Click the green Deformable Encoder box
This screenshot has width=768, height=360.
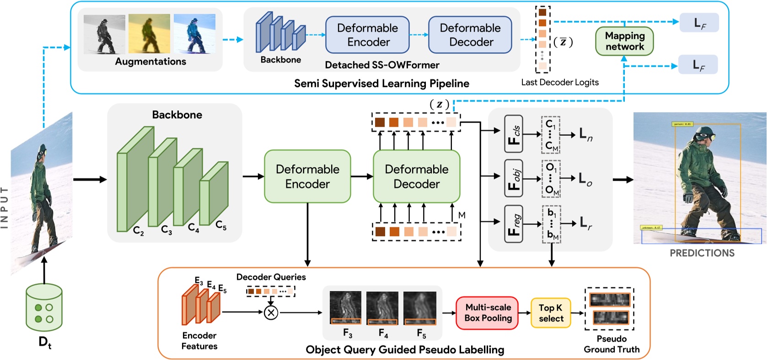(x=307, y=177)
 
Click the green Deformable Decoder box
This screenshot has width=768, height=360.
(x=416, y=177)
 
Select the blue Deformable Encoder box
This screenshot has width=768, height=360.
(x=367, y=35)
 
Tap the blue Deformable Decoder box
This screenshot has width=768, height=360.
(x=470, y=35)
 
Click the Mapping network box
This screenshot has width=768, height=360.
(x=624, y=41)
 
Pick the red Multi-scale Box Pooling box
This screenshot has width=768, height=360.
(x=488, y=313)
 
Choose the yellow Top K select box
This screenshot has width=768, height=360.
(x=551, y=313)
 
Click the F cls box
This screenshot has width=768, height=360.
(x=514, y=134)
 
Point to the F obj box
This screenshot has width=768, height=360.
(x=514, y=178)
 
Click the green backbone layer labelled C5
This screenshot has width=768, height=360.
(x=214, y=194)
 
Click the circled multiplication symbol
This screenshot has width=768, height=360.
(x=271, y=312)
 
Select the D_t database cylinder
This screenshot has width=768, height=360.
(x=44, y=307)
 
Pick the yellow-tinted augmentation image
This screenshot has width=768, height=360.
(x=149, y=34)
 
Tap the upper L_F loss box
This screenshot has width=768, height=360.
(x=699, y=23)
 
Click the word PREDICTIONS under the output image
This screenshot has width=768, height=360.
(x=702, y=253)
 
